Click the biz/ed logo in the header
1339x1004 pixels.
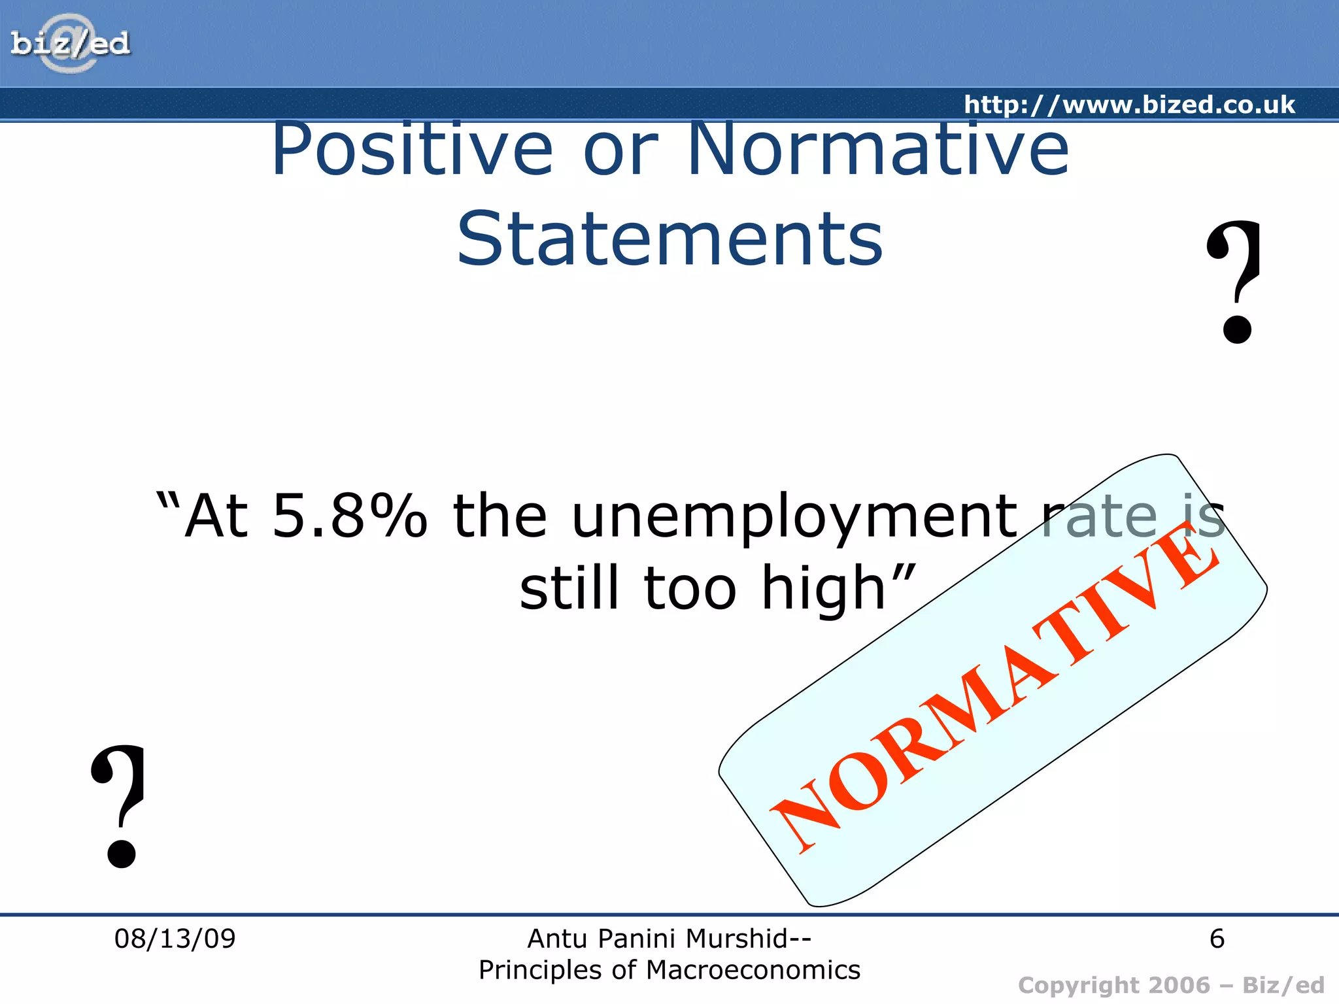pos(70,44)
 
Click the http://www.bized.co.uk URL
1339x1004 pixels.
pos(1129,105)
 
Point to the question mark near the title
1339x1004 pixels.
pos(1235,281)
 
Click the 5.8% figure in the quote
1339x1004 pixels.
pos(350,516)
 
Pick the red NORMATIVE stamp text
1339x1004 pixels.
pos(994,686)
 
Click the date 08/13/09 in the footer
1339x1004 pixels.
pos(175,939)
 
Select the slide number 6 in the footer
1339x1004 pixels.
pos(1216,939)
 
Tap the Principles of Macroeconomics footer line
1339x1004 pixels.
pos(669,970)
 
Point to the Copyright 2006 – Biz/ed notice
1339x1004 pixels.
pos(1170,985)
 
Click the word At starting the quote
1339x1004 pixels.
pos(216,516)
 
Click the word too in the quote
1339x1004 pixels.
pos(690,588)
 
